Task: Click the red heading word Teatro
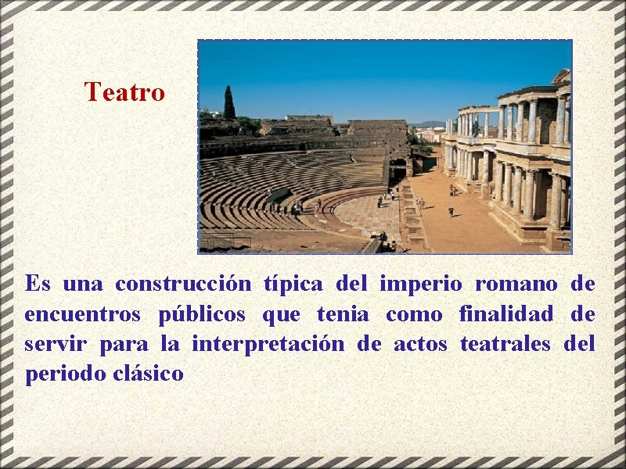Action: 125,92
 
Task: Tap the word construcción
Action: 183,283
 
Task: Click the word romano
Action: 516,283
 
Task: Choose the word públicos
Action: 202,314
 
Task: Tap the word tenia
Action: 343,314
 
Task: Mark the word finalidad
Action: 506,314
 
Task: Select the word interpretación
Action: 268,344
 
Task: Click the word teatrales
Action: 505,344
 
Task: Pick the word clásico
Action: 148,374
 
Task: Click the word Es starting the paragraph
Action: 38,283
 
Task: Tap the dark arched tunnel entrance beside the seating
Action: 398,166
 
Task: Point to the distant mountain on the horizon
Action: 427,123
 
